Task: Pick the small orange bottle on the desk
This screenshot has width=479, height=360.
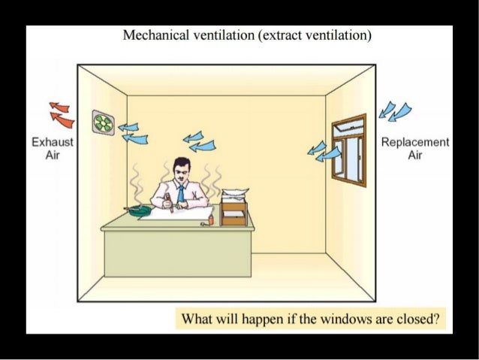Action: click(212, 219)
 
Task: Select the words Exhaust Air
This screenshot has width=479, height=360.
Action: click(53, 148)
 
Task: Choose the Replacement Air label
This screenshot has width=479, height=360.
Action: click(415, 148)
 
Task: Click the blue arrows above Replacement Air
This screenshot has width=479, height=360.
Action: click(394, 110)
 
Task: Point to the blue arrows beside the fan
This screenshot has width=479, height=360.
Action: click(133, 132)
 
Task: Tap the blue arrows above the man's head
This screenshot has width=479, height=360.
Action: click(199, 141)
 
